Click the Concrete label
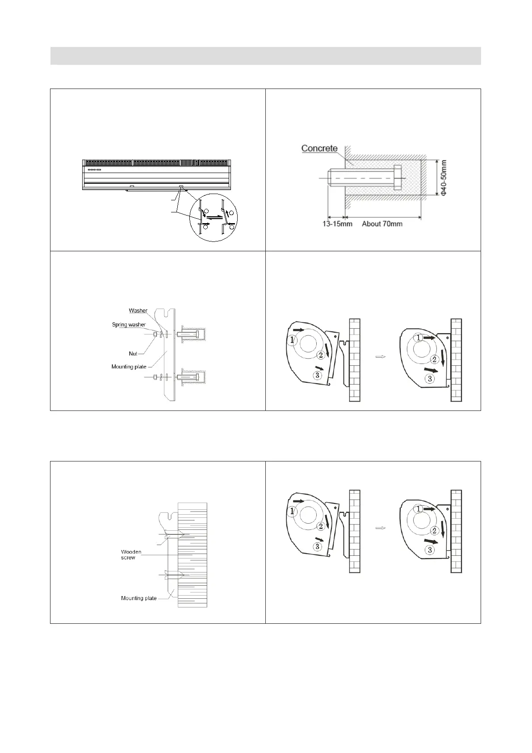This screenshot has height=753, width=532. pos(319,148)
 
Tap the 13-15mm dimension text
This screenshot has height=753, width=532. pos(338,224)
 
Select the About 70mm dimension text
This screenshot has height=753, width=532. pos(382,224)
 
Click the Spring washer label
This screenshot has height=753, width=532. pos(129,325)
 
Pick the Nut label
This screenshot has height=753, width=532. pos(133,354)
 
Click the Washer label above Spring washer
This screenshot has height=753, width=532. pos(138,311)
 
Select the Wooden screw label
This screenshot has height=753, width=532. pos(131,554)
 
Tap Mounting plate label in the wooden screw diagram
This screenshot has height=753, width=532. pos(138,598)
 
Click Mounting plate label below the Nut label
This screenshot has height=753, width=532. pos(129,367)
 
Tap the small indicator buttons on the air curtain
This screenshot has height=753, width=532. pos(94,169)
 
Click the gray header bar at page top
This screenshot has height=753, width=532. pos(265,56)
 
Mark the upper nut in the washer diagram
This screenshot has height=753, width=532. pos(155,334)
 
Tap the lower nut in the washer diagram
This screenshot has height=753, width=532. pos(155,377)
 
